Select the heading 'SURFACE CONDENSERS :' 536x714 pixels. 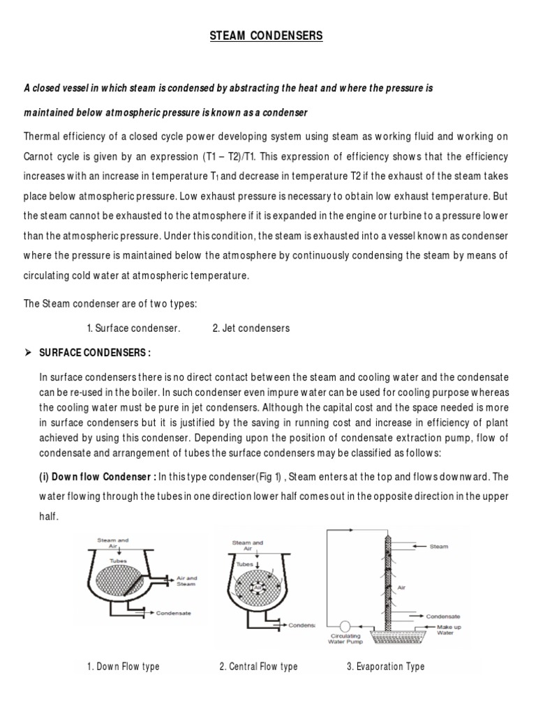(x=96, y=351)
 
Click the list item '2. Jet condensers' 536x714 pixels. (x=251, y=328)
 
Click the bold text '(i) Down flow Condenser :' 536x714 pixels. (x=98, y=477)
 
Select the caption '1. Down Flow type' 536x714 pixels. (x=124, y=667)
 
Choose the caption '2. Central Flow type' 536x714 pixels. (x=258, y=667)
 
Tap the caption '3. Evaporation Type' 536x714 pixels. (x=385, y=667)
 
